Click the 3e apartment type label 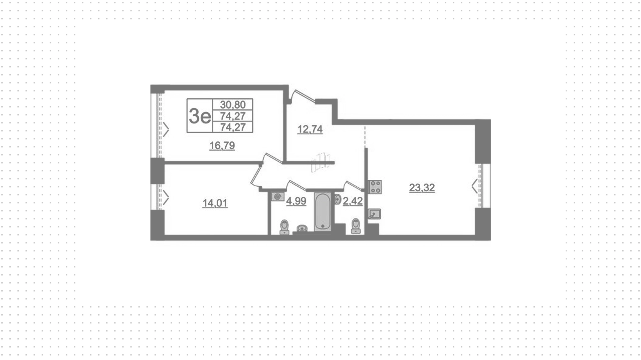coord(200,116)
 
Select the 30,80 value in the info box coord(233,105)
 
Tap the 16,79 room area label coord(222,146)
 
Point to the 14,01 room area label coord(215,203)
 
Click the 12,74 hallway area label coord(310,129)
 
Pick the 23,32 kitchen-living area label coord(422,188)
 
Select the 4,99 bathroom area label coord(296,201)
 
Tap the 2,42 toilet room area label coord(353,201)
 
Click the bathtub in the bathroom coord(323,211)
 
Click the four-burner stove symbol coord(375,187)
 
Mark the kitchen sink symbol coord(375,214)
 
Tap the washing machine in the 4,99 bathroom coord(278,197)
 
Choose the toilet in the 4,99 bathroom coord(284,227)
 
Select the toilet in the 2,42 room coord(356,226)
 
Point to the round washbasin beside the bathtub coord(302,228)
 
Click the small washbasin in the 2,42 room coord(337,200)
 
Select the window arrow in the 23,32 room coord(475,186)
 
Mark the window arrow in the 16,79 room coord(166,129)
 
